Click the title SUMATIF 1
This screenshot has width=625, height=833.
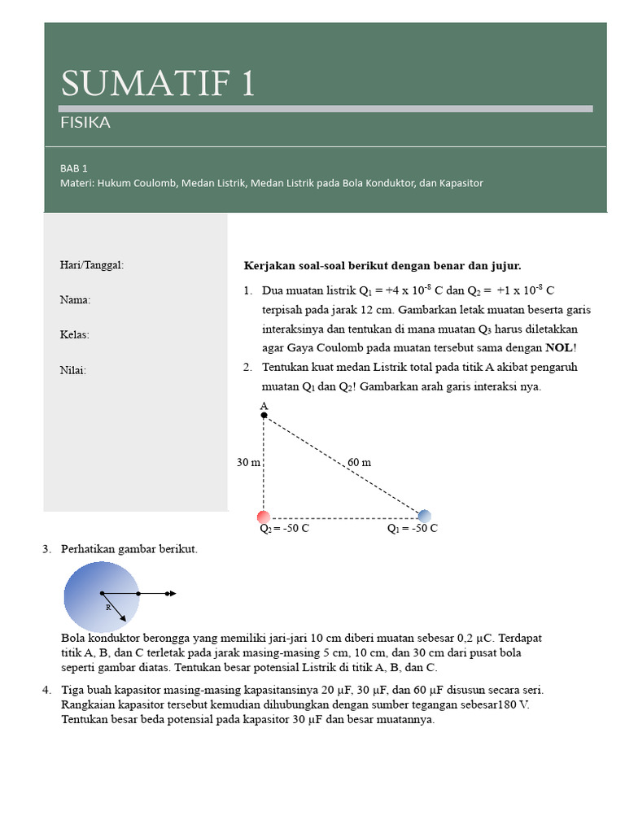(x=158, y=84)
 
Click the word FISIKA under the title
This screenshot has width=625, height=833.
(x=85, y=124)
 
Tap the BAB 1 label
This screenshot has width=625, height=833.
(x=73, y=168)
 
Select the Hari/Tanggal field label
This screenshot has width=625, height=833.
(x=92, y=265)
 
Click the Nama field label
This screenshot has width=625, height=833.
(x=75, y=300)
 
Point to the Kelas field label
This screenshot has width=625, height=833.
(x=75, y=335)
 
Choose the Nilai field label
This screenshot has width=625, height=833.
(x=72, y=370)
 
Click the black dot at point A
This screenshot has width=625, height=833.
(x=264, y=416)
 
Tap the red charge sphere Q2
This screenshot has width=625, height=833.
(x=264, y=517)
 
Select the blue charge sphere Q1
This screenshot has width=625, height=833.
(x=424, y=516)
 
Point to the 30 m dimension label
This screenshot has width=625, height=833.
(x=248, y=462)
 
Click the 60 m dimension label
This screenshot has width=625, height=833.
(x=359, y=462)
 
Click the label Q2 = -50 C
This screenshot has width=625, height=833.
(x=284, y=529)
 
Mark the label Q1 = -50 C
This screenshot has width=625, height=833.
(x=412, y=529)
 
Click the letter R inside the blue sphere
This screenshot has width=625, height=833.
(x=107, y=608)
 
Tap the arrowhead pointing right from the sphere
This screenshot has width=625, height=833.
(x=171, y=594)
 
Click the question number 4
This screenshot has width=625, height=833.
(x=46, y=690)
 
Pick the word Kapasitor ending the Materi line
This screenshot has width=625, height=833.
(x=461, y=183)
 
